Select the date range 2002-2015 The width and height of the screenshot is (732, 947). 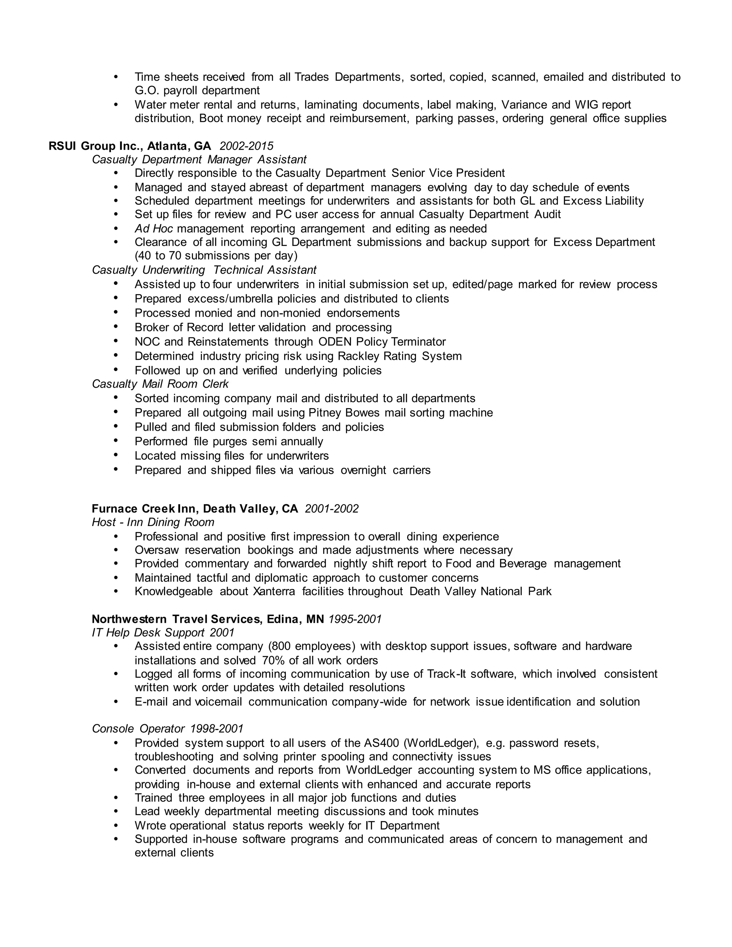click(246, 146)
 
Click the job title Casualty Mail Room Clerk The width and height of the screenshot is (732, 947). click(160, 384)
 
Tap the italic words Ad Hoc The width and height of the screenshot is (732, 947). click(153, 228)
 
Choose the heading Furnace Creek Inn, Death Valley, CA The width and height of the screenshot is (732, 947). click(195, 508)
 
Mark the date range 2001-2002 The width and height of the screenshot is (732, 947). click(332, 508)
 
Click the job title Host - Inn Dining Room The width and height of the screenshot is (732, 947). click(153, 522)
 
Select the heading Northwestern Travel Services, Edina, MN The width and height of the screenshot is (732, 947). click(208, 619)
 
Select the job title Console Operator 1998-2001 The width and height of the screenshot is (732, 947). click(167, 728)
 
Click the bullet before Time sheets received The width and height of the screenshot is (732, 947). click(116, 77)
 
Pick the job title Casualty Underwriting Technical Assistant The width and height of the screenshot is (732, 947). click(204, 270)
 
